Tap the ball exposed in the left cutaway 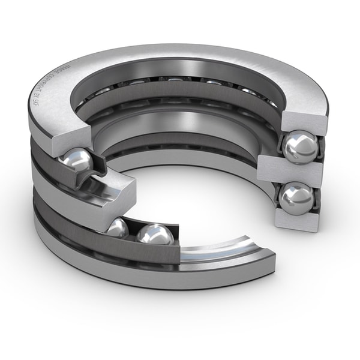point(76,160)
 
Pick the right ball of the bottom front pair point(154,235)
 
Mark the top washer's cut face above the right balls point(304,122)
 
